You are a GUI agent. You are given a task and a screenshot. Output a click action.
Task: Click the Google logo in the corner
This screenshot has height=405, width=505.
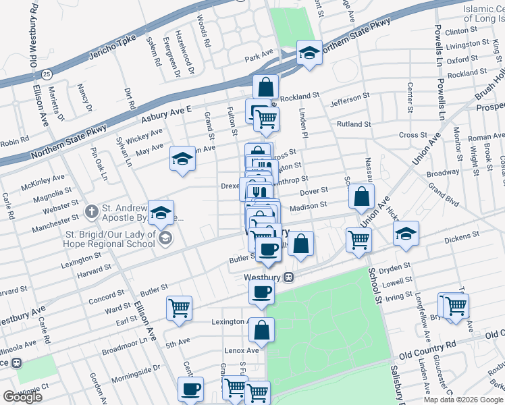pos(22,397)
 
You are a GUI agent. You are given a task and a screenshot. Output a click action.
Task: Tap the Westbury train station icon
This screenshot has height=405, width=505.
pos(288,277)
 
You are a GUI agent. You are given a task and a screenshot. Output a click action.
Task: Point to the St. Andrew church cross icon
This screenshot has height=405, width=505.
pos(92,211)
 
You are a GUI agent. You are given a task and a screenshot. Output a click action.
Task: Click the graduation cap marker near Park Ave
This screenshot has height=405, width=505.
pos(309,53)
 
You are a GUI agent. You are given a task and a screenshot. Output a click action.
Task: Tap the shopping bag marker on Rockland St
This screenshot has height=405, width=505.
pos(267,86)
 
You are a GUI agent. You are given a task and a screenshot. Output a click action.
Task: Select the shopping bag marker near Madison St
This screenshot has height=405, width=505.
pos(362,196)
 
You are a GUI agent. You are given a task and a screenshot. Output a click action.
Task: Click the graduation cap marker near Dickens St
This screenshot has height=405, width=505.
pos(405,234)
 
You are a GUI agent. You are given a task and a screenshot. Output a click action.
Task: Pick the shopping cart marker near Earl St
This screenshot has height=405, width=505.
pos(180,308)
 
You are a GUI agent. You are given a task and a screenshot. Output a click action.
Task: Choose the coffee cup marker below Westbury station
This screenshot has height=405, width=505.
pos(261,292)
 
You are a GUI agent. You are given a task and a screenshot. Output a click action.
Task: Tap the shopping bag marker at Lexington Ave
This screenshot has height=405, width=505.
pos(261,330)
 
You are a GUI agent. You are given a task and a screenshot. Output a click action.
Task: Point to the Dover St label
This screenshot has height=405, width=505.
pos(314,192)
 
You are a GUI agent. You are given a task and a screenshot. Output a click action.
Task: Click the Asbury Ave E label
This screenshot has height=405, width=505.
pos(167,114)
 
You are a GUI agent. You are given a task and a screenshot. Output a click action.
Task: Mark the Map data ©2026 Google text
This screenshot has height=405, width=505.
pos(462,400)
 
